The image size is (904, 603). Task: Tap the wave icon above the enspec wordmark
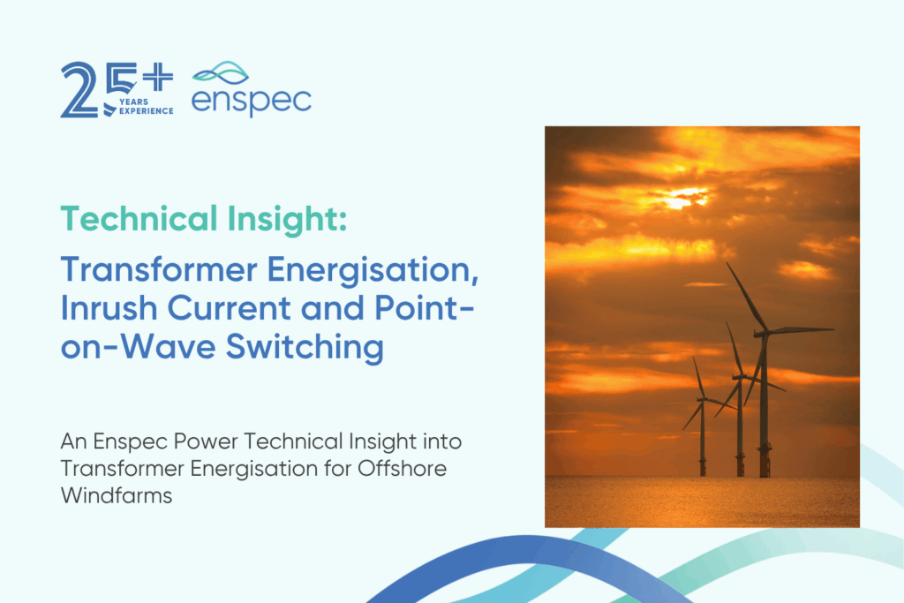click(221, 73)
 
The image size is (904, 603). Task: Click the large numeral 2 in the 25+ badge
click(79, 90)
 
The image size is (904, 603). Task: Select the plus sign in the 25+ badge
click(158, 77)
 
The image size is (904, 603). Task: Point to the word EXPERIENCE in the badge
click(147, 110)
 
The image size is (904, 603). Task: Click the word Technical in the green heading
click(139, 218)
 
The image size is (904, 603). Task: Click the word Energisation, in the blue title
click(373, 270)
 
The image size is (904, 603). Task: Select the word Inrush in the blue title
click(109, 308)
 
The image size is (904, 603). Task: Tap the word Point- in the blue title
click(425, 308)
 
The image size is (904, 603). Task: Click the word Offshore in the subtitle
click(402, 468)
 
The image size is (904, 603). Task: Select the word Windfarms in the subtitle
click(117, 495)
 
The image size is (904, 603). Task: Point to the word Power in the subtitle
click(206, 441)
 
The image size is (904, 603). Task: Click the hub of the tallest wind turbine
click(763, 333)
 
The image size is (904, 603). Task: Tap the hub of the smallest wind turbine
click(702, 398)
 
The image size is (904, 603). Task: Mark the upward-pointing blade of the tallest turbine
click(745, 297)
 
